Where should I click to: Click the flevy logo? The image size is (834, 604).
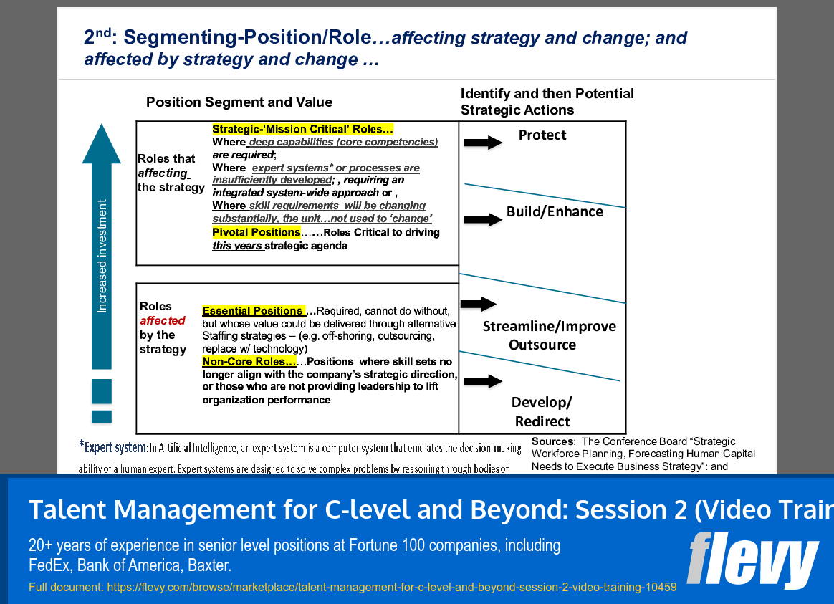tap(752, 560)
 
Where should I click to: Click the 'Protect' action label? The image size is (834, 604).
tap(542, 135)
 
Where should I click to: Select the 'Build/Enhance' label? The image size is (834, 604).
tap(555, 211)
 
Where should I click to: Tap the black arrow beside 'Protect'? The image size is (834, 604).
tap(484, 143)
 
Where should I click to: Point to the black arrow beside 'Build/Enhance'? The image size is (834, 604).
tap(484, 219)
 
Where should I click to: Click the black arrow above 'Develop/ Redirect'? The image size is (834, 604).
tap(484, 381)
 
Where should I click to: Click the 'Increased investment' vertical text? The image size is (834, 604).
tap(102, 256)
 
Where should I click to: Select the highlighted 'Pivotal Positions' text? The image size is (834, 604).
tap(256, 232)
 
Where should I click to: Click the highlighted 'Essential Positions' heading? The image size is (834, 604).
tap(253, 311)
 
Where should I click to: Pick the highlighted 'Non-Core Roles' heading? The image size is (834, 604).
tap(249, 362)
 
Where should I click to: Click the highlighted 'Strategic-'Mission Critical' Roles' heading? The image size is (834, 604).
tap(302, 130)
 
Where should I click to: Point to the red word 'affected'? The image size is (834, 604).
tap(163, 320)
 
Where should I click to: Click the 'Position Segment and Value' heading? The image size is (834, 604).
tap(239, 102)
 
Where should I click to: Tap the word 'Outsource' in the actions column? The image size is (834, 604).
tap(542, 345)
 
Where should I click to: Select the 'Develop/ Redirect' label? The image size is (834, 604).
tap(542, 411)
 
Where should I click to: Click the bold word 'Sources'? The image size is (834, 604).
tap(552, 441)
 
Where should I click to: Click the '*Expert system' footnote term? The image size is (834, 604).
tap(112, 448)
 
